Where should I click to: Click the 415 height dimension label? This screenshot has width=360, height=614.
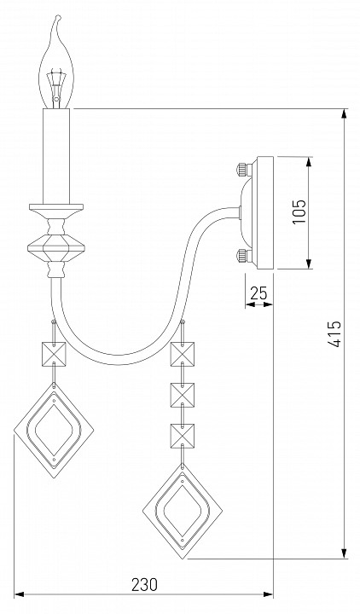click(x=334, y=334)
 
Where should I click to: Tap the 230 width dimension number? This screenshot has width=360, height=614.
click(x=144, y=585)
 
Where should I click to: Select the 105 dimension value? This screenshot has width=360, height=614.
click(x=299, y=211)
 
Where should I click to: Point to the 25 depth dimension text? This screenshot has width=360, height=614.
click(x=258, y=293)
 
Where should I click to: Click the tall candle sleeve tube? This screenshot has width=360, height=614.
click(x=56, y=156)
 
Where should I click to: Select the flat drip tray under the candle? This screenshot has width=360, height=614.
click(x=56, y=206)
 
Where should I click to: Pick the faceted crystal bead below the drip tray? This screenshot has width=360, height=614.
click(x=56, y=247)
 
